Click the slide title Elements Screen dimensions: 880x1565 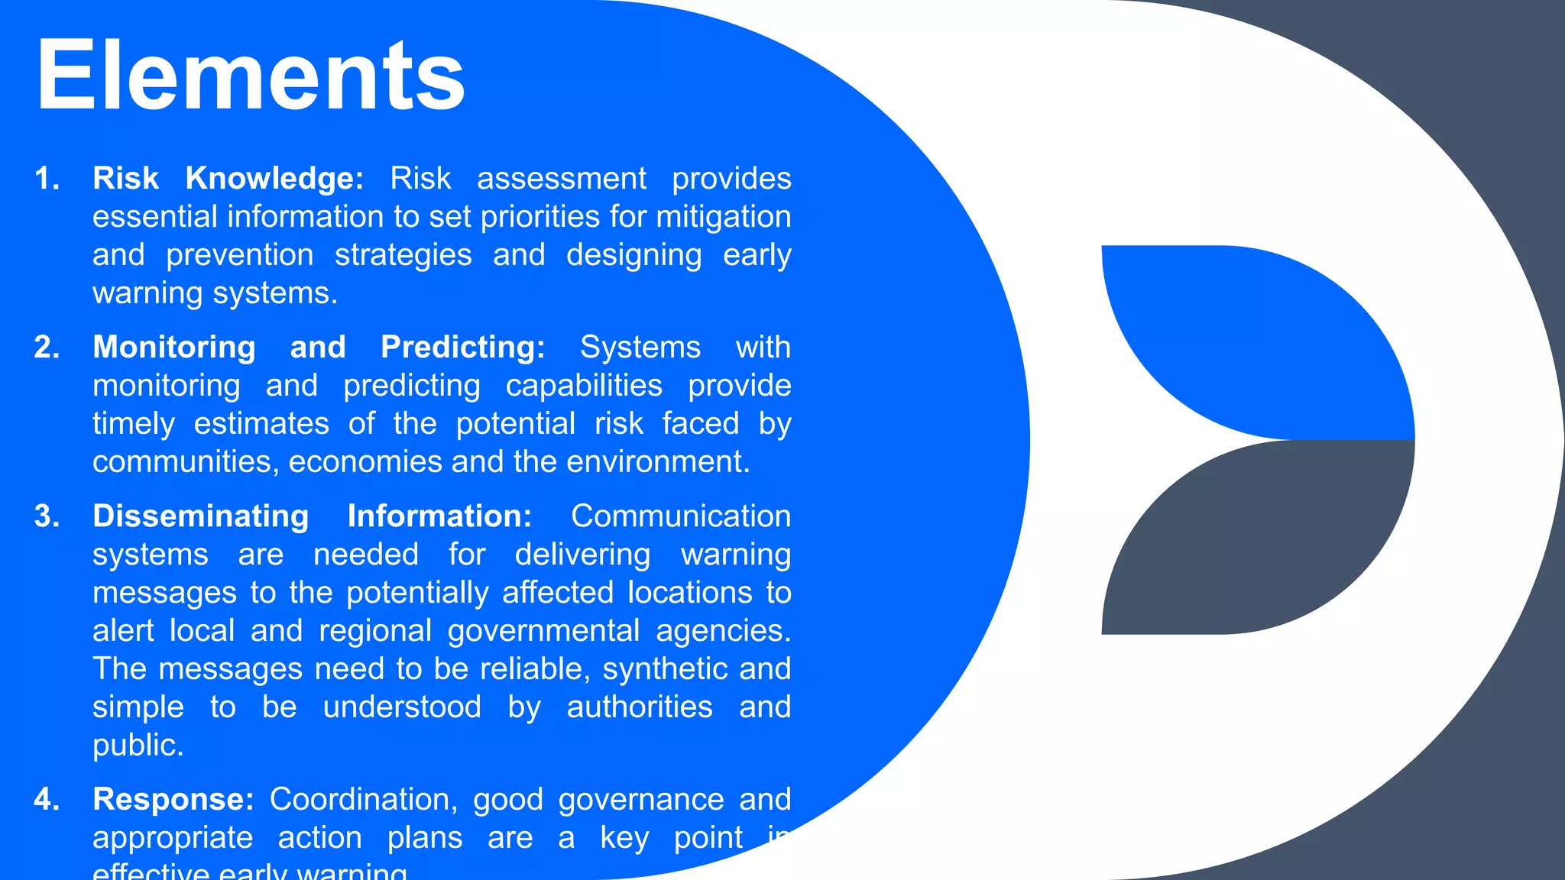[x=250, y=76]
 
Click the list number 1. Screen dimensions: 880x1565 [x=47, y=179]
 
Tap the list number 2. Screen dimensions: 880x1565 [x=47, y=348]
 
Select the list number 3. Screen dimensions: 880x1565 [x=47, y=516]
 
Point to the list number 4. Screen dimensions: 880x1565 [x=47, y=800]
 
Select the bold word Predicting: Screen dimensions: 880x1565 [x=462, y=348]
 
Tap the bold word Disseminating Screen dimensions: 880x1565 [x=200, y=516]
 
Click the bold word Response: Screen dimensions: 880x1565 [x=173, y=800]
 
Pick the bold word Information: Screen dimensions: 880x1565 [x=439, y=516]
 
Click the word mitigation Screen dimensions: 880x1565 [x=723, y=217]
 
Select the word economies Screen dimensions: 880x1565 [x=365, y=462]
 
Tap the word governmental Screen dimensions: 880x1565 [x=543, y=631]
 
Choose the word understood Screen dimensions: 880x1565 [x=402, y=707]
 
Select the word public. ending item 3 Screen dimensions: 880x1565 [x=138, y=746]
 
